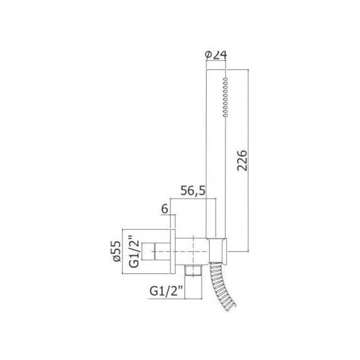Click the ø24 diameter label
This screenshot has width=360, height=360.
(217, 54)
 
